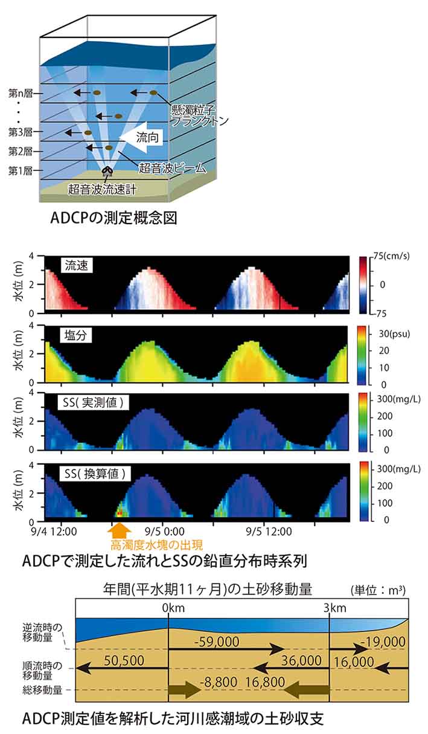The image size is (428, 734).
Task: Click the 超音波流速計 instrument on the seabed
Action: click(x=107, y=172)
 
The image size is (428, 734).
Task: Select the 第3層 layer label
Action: click(x=20, y=131)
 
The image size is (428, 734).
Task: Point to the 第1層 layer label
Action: click(x=20, y=171)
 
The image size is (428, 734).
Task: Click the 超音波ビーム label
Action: click(x=173, y=167)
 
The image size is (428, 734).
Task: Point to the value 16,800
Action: click(x=264, y=682)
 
